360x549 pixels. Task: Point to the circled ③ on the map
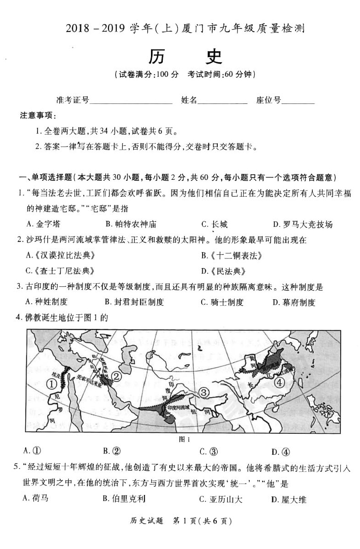pyautogui.click(x=204, y=392)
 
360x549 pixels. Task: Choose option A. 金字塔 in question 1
pyautogui.click(x=43, y=224)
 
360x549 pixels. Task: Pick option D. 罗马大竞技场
pyautogui.click(x=302, y=224)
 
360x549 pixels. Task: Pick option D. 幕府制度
pyautogui.click(x=294, y=302)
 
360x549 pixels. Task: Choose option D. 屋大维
pyautogui.click(x=289, y=499)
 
